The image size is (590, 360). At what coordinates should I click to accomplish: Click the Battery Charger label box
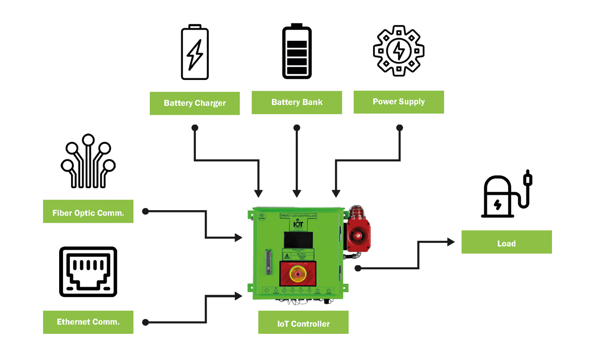pyautogui.click(x=195, y=103)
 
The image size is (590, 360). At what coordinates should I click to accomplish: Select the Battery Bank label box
pyautogui.click(x=297, y=102)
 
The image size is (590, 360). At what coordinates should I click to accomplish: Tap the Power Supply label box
pyautogui.click(x=399, y=102)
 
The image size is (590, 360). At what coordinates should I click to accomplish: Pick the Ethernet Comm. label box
pyautogui.click(x=88, y=322)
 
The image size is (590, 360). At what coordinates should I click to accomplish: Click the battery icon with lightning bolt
pyautogui.click(x=195, y=52)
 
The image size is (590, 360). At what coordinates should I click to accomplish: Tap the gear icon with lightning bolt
pyautogui.click(x=399, y=51)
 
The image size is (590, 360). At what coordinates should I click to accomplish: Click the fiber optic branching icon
pyautogui.click(x=88, y=161)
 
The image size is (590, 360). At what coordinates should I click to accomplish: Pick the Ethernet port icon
pyautogui.click(x=88, y=272)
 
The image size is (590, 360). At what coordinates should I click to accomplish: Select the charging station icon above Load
pyautogui.click(x=506, y=194)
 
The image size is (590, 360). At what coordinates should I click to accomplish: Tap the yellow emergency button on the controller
pyautogui.click(x=297, y=274)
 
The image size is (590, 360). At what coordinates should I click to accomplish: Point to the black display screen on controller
pyautogui.click(x=298, y=240)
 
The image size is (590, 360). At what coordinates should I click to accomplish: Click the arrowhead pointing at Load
pyautogui.click(x=451, y=242)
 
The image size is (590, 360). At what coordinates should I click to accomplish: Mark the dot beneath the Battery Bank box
pyautogui.click(x=297, y=128)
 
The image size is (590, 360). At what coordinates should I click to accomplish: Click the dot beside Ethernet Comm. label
pyautogui.click(x=145, y=322)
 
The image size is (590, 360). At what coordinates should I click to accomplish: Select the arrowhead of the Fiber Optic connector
pyautogui.click(x=239, y=238)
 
